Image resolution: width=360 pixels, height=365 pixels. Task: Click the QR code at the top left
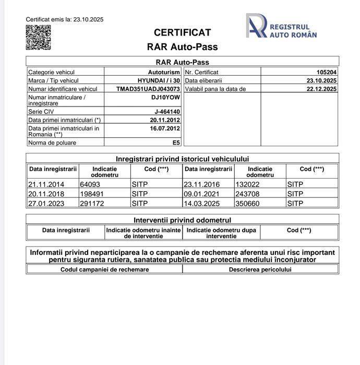38,37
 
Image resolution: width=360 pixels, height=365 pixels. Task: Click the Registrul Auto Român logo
281,27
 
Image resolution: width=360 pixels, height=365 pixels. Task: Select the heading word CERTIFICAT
183,32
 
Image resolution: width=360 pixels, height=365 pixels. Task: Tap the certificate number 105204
327,72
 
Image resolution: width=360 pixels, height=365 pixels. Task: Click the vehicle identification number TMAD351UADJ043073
148,89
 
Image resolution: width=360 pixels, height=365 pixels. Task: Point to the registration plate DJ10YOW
165,97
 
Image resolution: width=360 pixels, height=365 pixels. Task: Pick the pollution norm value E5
176,142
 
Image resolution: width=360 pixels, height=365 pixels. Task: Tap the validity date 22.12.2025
322,89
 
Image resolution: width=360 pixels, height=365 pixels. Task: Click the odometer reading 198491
91,194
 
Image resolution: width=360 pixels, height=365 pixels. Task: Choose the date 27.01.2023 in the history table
46,203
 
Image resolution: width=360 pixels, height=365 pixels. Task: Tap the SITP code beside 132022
295,184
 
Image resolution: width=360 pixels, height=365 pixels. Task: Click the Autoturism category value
164,72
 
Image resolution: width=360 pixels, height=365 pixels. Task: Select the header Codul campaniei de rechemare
104,269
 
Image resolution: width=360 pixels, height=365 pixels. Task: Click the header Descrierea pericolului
260,269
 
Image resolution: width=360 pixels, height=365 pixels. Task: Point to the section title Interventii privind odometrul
182,220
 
